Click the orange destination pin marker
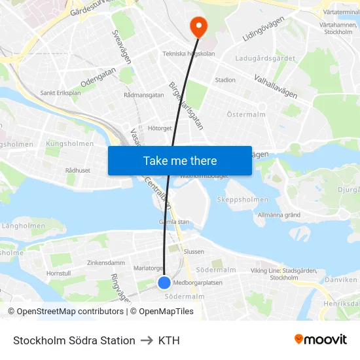(x=198, y=26)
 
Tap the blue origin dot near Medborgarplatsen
(x=164, y=282)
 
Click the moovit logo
(x=320, y=339)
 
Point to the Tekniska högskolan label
(x=189, y=54)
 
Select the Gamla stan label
(x=174, y=222)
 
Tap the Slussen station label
(x=194, y=251)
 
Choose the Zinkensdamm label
(x=106, y=262)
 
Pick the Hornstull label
(x=58, y=273)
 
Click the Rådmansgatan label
(x=144, y=95)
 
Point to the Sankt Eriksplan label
(x=60, y=93)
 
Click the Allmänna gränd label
(x=279, y=215)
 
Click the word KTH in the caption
(x=169, y=340)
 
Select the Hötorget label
(x=160, y=128)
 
